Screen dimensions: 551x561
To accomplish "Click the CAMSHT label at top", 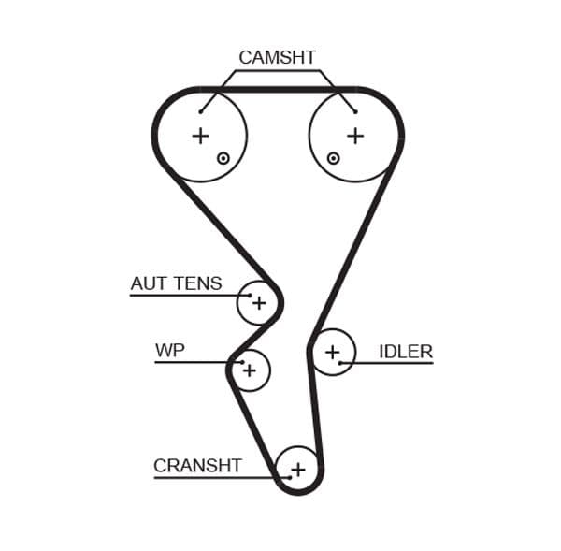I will [277, 57].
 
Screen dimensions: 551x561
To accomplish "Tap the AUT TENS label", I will [177, 283].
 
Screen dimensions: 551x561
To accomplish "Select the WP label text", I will [170, 351].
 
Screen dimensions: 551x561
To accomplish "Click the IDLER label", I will [405, 352].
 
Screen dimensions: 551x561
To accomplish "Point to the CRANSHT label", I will [197, 465].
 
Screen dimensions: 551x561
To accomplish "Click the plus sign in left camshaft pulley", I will [200, 136].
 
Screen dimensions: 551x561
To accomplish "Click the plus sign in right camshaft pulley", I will [355, 136].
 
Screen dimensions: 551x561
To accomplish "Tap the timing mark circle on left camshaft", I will [223, 158].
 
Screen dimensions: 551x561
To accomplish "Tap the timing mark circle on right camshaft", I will [333, 158].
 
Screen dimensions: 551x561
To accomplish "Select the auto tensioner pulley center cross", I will [259, 303].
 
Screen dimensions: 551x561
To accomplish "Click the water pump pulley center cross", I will [249, 370].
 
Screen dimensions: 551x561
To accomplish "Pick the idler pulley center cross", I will [332, 353].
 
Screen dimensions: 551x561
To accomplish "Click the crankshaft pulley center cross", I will [298, 470].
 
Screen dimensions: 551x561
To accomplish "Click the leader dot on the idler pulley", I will [342, 363].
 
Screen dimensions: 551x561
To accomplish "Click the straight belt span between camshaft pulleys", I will [278, 90].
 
